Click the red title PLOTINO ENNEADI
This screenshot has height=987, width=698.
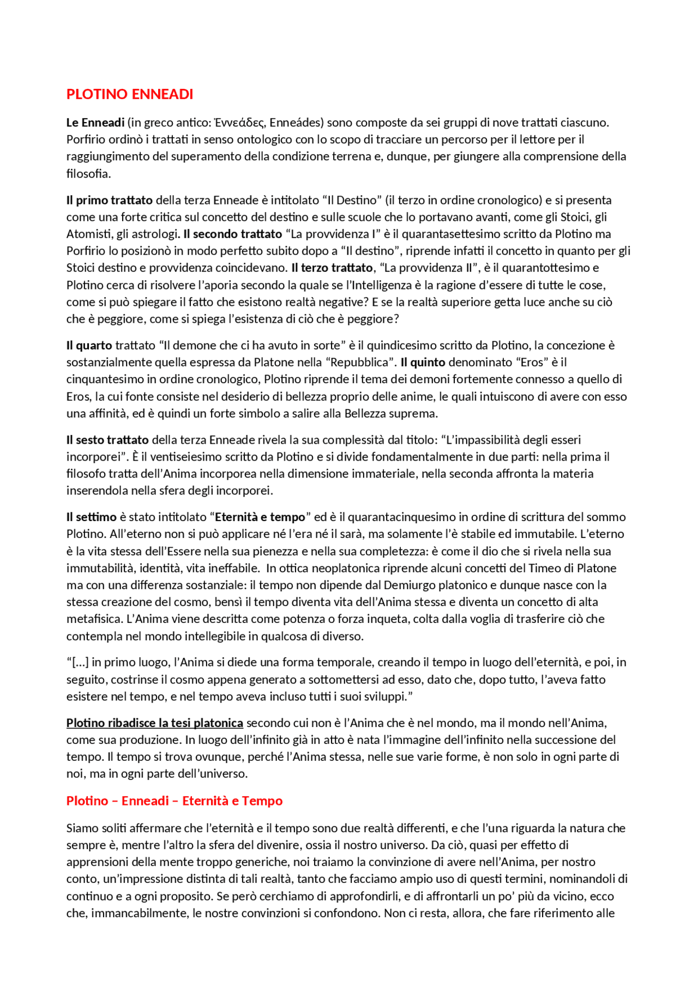pos(129,94)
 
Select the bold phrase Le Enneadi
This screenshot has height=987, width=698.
pos(95,123)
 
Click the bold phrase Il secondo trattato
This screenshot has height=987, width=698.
pos(233,234)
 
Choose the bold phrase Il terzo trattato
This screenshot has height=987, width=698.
pos(332,268)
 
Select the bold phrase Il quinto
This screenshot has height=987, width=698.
pos(423,362)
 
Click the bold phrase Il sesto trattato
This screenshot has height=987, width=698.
pos(107,440)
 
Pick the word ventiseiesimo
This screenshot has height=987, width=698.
pos(191,457)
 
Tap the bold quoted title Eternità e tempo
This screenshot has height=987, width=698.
pos(260,517)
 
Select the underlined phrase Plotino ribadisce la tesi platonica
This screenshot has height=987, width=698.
pos(155,723)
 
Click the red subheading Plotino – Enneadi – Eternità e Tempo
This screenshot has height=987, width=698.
pos(174,801)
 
